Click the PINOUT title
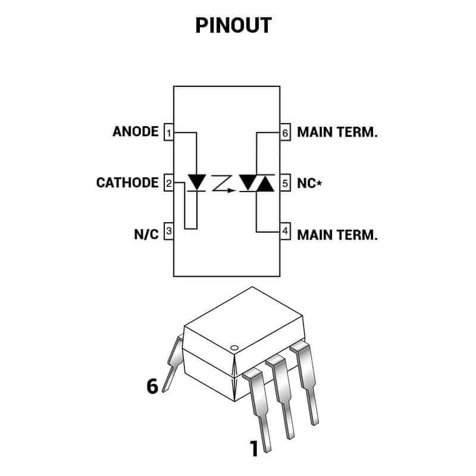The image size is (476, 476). coord(233,25)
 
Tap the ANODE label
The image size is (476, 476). coord(136,131)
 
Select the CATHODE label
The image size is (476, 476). coord(127,183)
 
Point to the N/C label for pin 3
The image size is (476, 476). coord(146,233)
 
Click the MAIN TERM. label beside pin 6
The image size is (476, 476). coord(337,132)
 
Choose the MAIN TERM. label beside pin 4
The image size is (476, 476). coord(337,234)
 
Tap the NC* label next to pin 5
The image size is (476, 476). coord(309,183)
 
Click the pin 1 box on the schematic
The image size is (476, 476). coord(168,132)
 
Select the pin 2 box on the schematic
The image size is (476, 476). coord(168,183)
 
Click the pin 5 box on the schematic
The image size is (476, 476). coord(285,183)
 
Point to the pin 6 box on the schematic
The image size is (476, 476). coord(285,132)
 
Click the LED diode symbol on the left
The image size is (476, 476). coord(196,181)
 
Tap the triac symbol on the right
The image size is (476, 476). coord(256,182)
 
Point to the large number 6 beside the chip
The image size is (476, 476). coord(152,386)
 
